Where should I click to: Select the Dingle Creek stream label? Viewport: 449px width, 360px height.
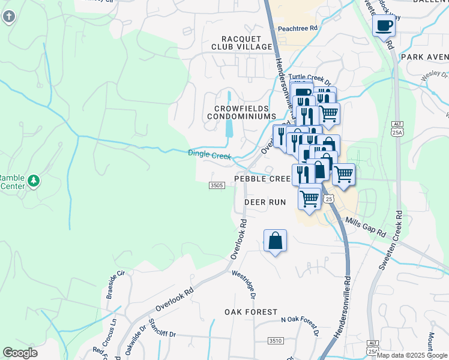click(209, 154)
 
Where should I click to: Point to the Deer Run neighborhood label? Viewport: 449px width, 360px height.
click(265, 202)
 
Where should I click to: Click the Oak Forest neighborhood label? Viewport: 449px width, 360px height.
click(251, 312)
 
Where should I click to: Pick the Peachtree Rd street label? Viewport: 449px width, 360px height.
click(297, 28)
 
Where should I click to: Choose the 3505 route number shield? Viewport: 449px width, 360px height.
click(217, 185)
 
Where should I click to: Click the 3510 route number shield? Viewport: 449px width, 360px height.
click(276, 341)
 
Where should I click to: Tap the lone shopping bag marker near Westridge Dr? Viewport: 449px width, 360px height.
click(275, 241)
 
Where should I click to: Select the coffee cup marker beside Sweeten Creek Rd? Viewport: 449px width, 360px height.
click(384, 26)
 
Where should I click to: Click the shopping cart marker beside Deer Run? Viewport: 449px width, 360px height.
click(309, 197)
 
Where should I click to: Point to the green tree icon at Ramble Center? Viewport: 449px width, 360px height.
click(34, 180)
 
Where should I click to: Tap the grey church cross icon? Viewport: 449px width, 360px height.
click(8, 16)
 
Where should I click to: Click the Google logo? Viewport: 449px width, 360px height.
click(20, 353)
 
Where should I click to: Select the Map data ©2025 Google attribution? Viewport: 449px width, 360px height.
click(412, 355)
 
